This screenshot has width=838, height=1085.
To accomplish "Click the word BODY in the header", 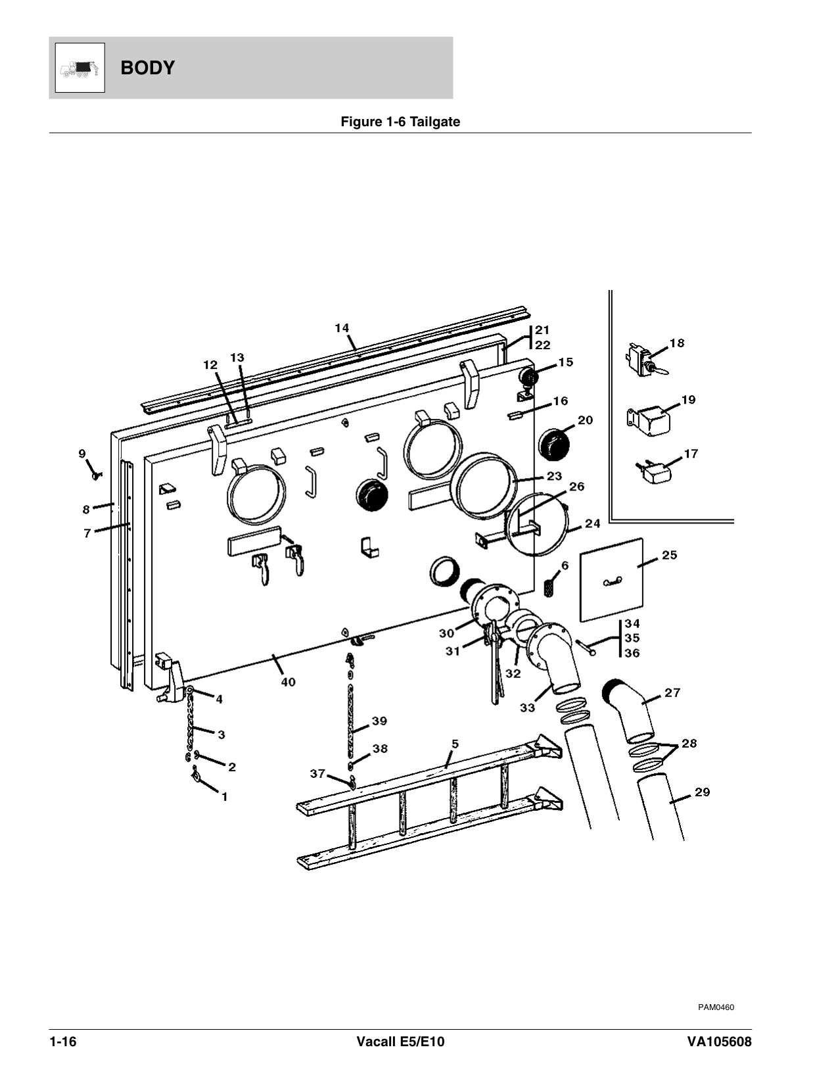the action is coord(148,68).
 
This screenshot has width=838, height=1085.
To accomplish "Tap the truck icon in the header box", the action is coord(80,68).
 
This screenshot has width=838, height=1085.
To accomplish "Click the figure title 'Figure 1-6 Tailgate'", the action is coord(400,122).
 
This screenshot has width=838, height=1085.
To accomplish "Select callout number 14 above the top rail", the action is coord(342,328).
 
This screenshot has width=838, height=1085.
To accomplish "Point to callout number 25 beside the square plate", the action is coord(669,555).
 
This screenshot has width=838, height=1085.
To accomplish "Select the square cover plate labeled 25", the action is coord(611,580).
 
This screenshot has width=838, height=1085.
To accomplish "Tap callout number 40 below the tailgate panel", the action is coord(288,681).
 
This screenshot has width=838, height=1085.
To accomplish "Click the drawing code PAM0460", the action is coord(716,1007).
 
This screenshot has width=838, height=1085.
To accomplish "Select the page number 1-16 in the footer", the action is coord(62,1042).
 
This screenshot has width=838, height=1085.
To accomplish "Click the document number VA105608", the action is coord(719,1042).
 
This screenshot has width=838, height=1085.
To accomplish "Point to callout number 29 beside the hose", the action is coord(702,792).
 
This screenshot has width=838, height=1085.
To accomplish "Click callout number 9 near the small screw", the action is coord(82,453).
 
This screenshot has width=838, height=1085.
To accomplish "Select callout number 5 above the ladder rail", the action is coord(455,744).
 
